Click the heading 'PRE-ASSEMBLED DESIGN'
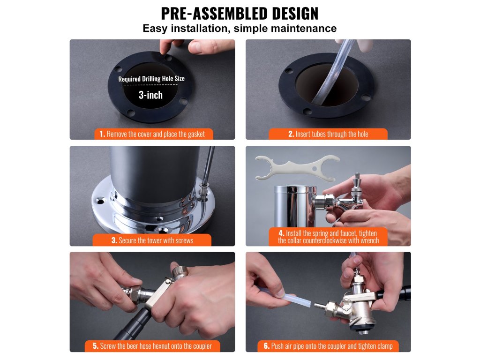pos(240,13)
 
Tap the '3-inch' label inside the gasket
pos(150,95)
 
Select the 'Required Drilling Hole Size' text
pos(151,79)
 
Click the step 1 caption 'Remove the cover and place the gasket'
pos(152,134)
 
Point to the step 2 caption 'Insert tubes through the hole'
pos(328,134)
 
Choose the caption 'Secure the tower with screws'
pos(152,240)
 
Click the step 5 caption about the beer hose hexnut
pos(152,346)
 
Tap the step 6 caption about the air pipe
pos(328,346)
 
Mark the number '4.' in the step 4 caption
pos(282,233)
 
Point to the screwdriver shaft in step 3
pos(208,165)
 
